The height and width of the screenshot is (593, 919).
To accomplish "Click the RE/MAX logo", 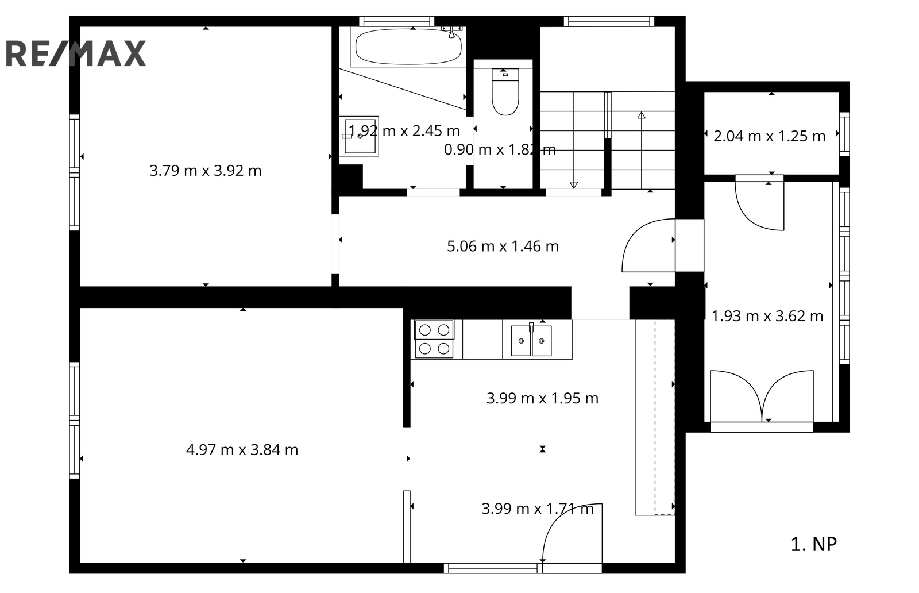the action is [x=76, y=53].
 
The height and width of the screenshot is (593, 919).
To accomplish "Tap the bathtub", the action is [x=408, y=47].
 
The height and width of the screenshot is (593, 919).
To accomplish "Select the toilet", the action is [x=505, y=91].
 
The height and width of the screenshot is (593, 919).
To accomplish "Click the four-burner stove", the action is [x=434, y=340].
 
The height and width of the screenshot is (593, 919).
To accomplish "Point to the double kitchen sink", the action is [x=531, y=340].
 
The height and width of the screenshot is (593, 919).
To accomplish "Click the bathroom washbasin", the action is [x=360, y=136].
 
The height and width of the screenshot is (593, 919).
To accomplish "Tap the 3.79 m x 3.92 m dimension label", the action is [x=206, y=170].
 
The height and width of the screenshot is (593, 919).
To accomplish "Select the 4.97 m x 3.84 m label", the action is [x=242, y=450].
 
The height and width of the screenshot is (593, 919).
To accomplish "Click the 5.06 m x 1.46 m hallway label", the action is [x=503, y=247].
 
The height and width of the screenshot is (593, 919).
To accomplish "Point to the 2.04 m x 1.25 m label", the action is [x=769, y=136].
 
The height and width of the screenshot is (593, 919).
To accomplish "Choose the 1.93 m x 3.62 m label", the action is [x=767, y=316].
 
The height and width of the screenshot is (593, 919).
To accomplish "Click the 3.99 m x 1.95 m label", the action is [x=542, y=398].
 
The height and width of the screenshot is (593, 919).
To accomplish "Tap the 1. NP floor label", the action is [x=813, y=544].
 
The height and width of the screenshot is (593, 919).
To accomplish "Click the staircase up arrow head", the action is [x=641, y=115].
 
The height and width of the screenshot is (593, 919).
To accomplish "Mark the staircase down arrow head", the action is [x=574, y=185].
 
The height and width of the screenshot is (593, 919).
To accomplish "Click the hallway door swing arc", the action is [x=634, y=234].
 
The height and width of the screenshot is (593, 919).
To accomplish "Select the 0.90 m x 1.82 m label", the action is [x=500, y=150].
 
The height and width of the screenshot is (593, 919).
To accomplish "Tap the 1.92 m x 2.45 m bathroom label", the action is [x=404, y=131].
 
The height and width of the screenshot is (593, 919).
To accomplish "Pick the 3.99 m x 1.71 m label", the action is [x=538, y=509].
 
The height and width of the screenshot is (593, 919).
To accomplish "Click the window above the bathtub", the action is [x=397, y=21].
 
